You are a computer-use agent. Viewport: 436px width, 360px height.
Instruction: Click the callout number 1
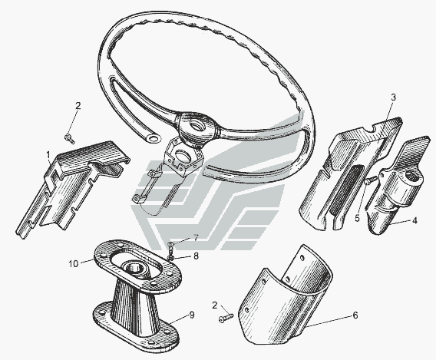point(48,154)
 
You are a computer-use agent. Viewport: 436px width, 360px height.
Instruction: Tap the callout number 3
point(393,97)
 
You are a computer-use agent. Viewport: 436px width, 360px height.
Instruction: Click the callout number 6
point(355,315)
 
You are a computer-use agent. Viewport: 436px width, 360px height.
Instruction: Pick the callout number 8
point(196,256)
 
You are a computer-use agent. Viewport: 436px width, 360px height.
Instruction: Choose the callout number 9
point(192,315)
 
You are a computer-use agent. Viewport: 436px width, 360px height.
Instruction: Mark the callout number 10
point(74,264)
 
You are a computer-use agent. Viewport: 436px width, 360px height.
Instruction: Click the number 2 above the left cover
point(78,106)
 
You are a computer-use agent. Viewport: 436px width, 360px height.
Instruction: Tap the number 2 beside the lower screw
point(215,306)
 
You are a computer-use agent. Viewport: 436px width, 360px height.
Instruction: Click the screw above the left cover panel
point(70,138)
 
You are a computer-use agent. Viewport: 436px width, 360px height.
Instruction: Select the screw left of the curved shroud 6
point(226,318)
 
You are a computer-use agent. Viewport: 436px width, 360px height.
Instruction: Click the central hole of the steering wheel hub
point(197,124)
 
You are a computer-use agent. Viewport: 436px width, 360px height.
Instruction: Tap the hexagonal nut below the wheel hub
point(183,157)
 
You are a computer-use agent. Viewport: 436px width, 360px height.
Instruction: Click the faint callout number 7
point(196,238)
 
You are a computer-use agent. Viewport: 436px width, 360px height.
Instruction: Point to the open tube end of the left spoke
point(153,138)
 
